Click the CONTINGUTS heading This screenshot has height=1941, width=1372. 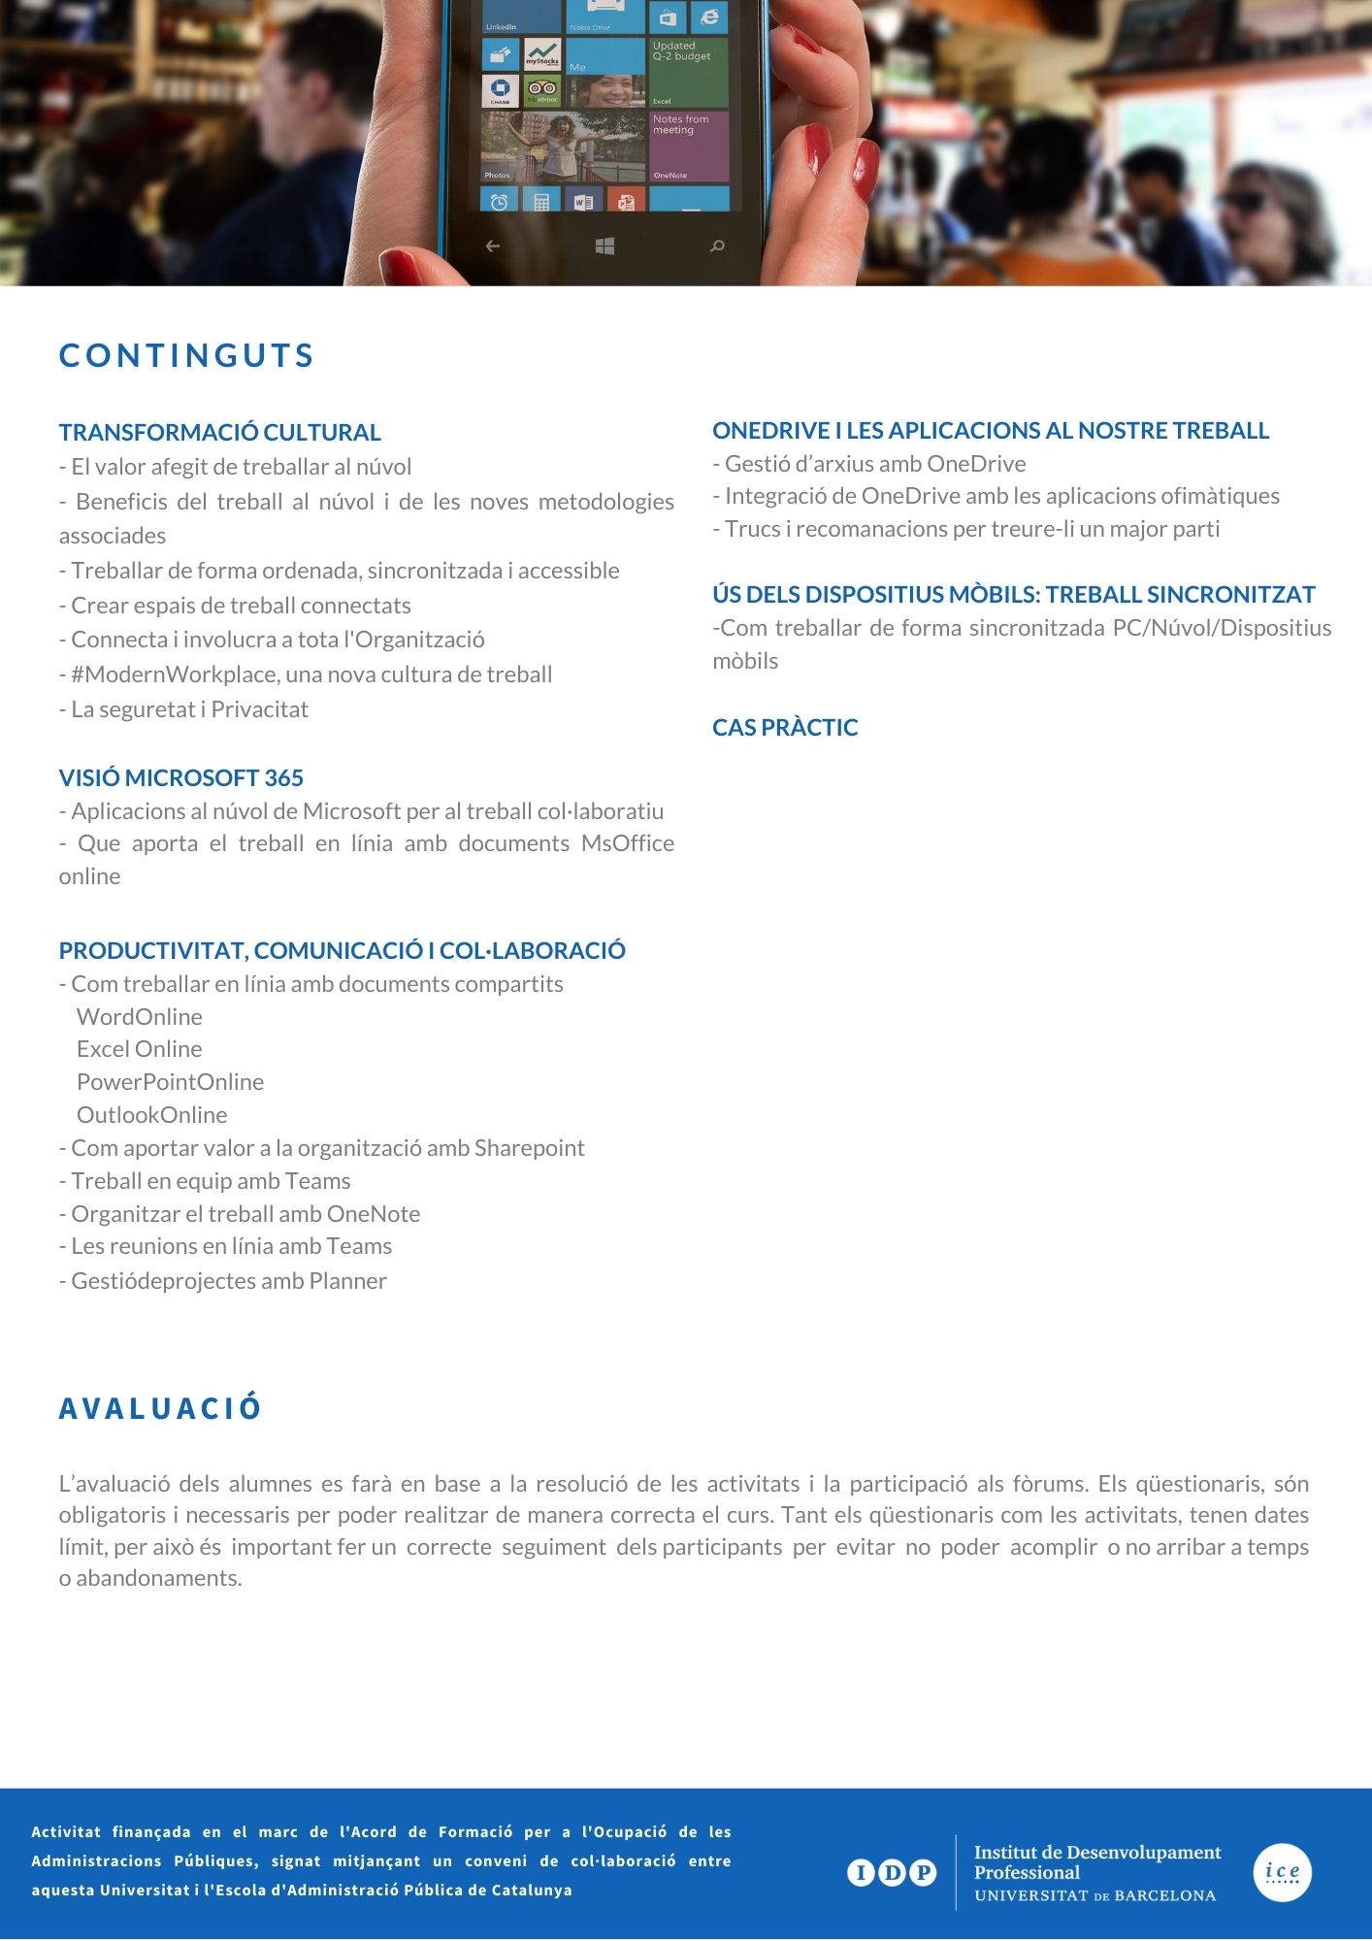[x=186, y=356]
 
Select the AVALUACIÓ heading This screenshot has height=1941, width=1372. [x=160, y=1408]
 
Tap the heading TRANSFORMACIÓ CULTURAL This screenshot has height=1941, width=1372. [x=219, y=433]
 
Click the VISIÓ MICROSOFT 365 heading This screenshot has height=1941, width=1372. [x=180, y=777]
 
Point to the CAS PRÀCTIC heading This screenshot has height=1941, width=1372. [x=785, y=727]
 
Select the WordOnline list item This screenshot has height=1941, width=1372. [x=140, y=1017]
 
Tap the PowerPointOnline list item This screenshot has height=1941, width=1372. [x=170, y=1082]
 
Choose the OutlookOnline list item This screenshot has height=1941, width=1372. [x=151, y=1115]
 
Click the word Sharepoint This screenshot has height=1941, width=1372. [x=530, y=1148]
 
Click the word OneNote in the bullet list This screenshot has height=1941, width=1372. [x=374, y=1214]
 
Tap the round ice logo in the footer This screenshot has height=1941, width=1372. [x=1282, y=1873]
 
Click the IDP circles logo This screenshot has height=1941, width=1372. [x=892, y=1872]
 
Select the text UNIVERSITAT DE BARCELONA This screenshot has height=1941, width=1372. [x=1094, y=1895]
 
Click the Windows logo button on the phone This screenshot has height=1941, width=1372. [x=604, y=247]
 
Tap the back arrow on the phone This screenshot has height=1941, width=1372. [x=493, y=247]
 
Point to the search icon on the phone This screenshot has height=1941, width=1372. [x=718, y=247]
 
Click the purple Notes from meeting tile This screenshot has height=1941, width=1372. [x=689, y=146]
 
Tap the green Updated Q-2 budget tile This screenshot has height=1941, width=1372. [x=689, y=72]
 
